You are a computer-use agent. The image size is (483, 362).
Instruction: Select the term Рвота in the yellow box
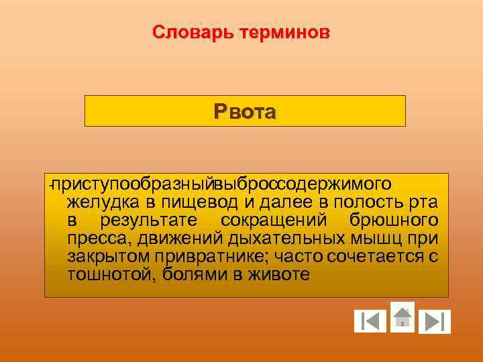[x=245, y=111]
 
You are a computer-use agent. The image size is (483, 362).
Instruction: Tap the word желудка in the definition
[x=101, y=202]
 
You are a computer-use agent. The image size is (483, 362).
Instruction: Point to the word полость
[x=366, y=202]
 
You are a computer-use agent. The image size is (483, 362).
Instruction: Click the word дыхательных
[x=286, y=238]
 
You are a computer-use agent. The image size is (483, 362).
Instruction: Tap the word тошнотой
[x=109, y=274]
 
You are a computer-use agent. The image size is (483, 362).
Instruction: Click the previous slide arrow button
[x=370, y=322]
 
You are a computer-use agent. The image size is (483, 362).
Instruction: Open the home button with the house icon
[x=402, y=316]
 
